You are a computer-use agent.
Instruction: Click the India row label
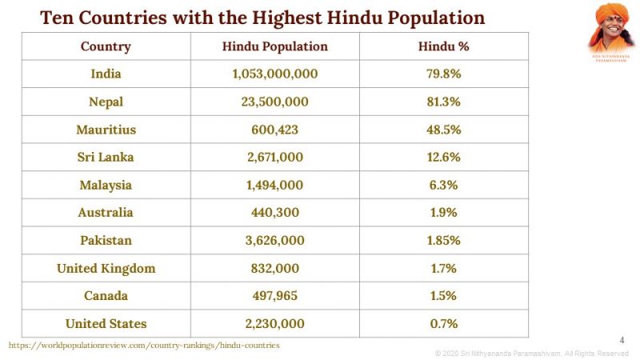[x=106, y=74]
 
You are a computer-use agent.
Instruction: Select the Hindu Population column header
[x=274, y=46]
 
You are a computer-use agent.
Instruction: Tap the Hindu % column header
[x=443, y=46]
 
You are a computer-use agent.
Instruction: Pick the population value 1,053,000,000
[x=274, y=74]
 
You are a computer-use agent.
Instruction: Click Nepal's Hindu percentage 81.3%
[x=443, y=102]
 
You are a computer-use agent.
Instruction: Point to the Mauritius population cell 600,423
[x=274, y=130]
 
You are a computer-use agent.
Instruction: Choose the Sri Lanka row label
[x=106, y=158]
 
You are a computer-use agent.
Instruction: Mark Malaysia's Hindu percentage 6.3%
[x=443, y=185]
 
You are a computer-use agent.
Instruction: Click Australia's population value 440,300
[x=274, y=213]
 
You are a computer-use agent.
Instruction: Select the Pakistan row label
[x=106, y=241]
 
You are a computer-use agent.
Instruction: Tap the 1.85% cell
[x=443, y=241]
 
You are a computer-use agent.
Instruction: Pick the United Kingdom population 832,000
[x=274, y=269]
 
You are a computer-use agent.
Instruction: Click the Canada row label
[x=106, y=296]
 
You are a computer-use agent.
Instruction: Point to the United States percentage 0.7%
[x=443, y=324]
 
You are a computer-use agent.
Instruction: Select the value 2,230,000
[x=274, y=324]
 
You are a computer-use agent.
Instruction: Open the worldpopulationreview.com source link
[x=144, y=345]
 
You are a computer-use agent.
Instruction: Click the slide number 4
[x=622, y=339]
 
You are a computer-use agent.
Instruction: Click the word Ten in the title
[x=57, y=18]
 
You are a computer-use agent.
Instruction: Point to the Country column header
[x=106, y=46]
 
